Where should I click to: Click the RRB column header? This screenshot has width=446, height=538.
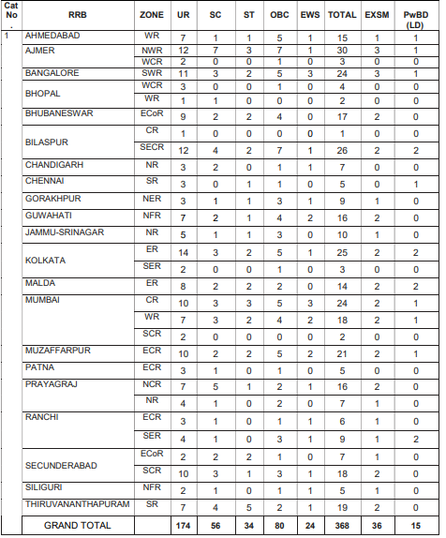(x=78, y=16)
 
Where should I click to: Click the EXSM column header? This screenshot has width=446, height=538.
(x=379, y=16)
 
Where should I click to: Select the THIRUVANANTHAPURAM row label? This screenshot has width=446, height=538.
(x=78, y=505)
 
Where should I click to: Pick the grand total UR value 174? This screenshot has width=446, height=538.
(x=183, y=525)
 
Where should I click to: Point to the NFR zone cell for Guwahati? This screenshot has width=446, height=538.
(x=151, y=217)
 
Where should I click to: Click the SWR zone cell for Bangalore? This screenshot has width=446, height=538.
(x=151, y=72)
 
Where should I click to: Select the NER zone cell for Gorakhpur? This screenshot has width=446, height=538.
(x=151, y=200)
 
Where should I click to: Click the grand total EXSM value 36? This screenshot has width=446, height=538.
(x=379, y=525)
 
